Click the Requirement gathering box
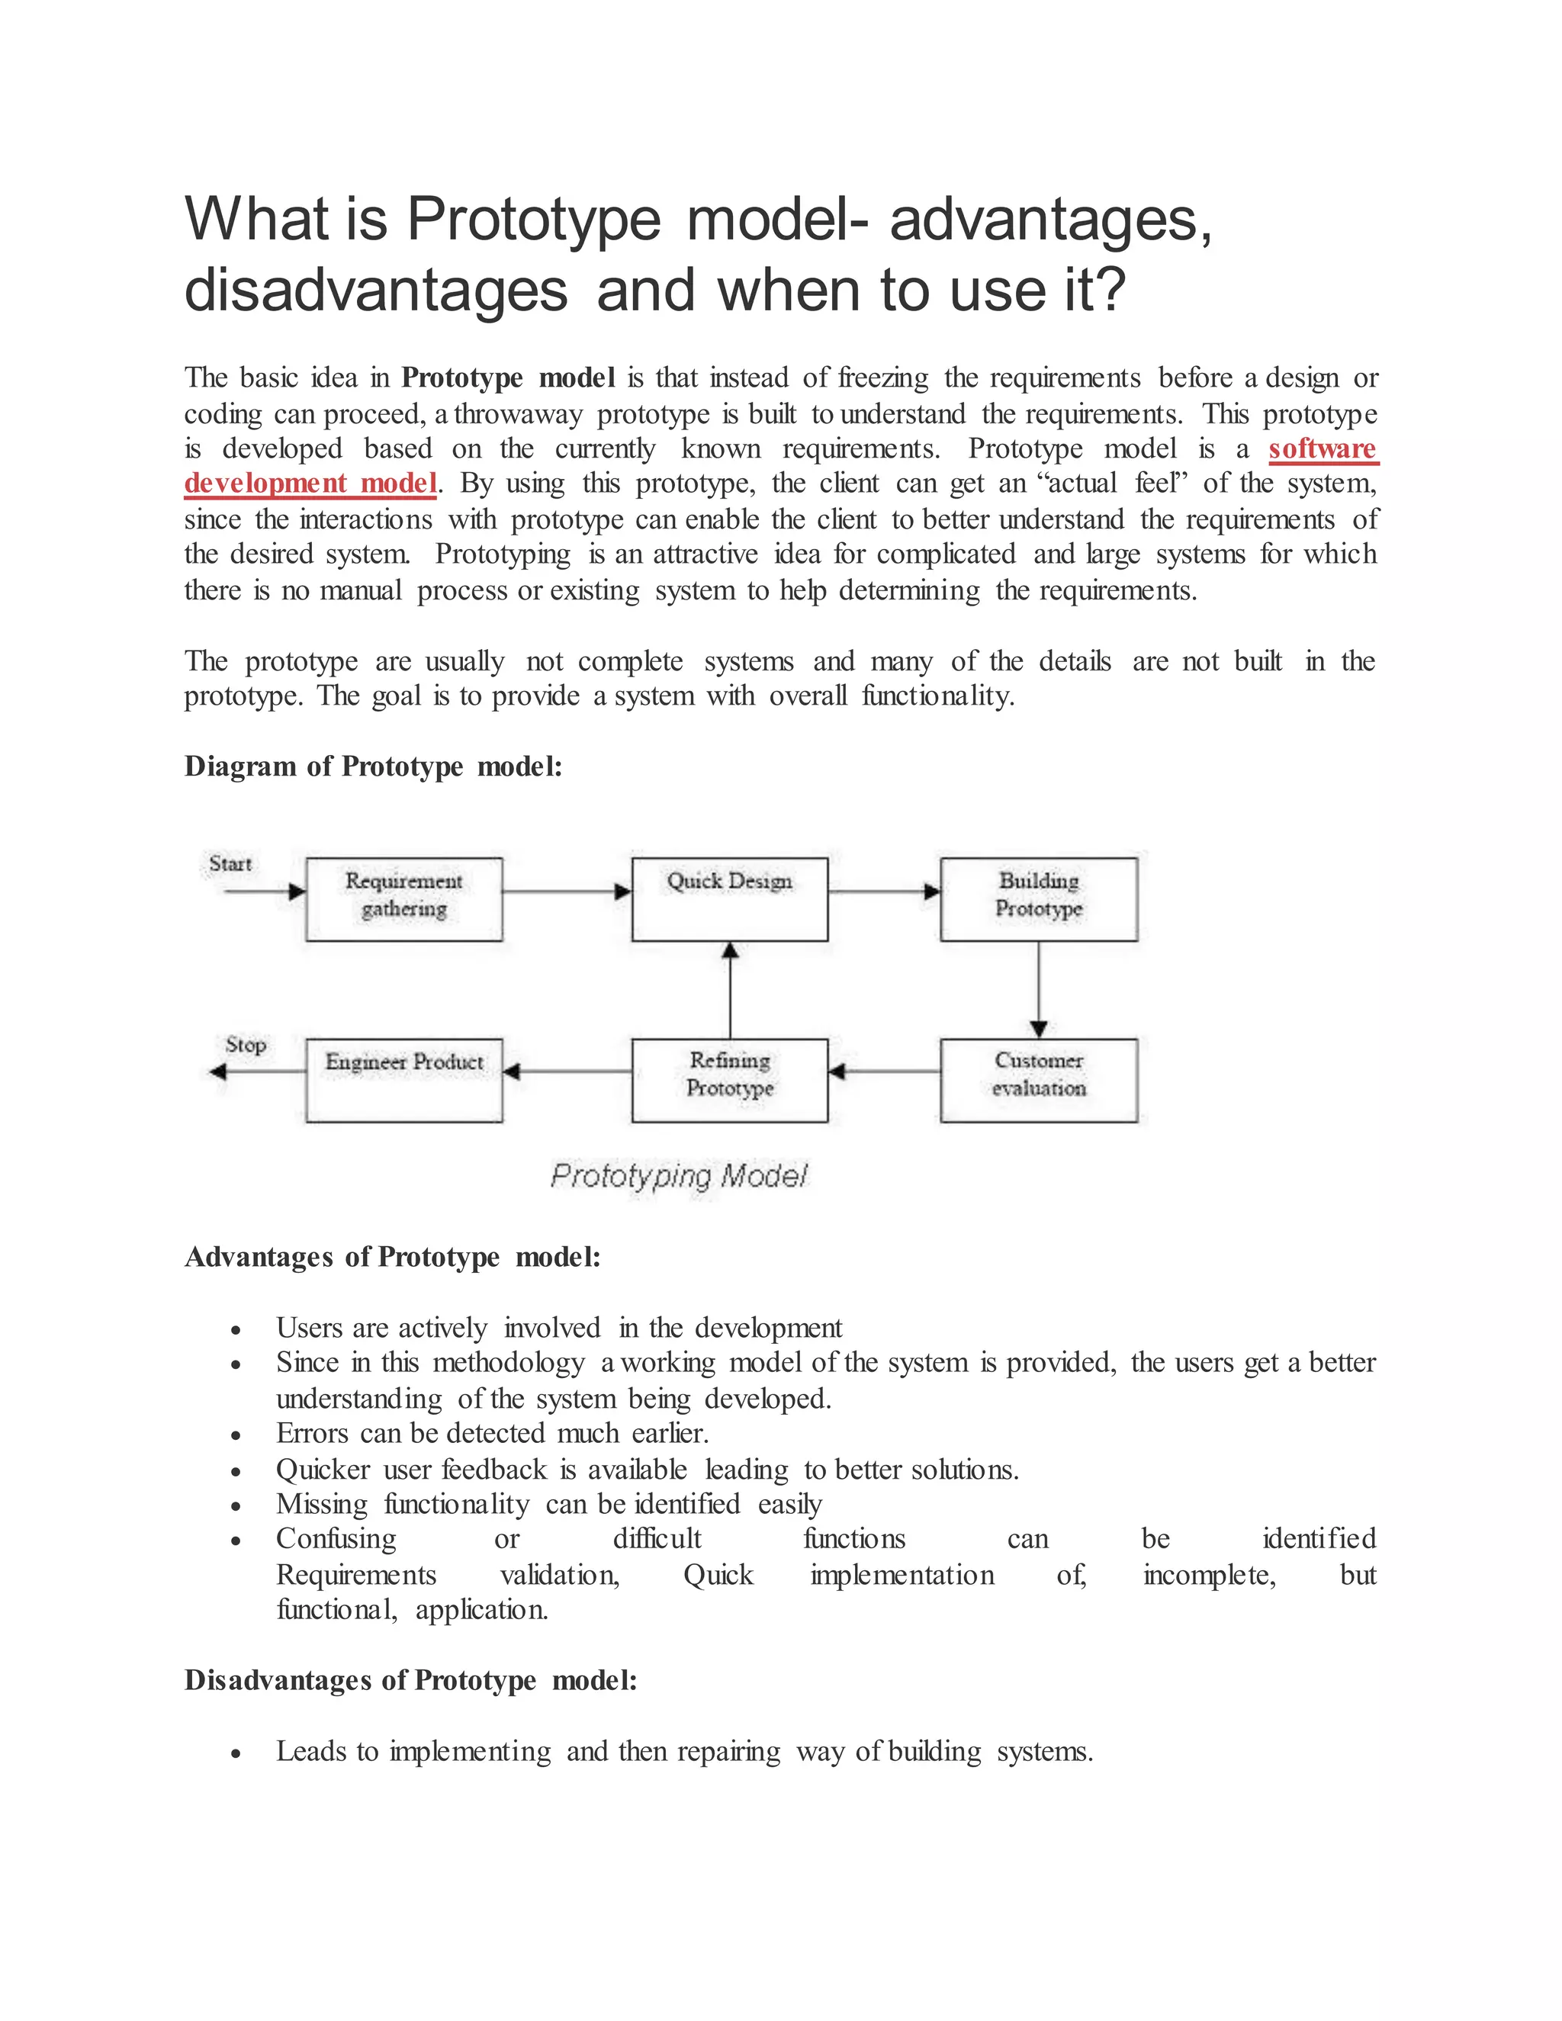[x=403, y=898]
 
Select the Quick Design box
[x=729, y=898]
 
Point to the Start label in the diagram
[x=230, y=863]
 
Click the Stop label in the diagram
[x=246, y=1045]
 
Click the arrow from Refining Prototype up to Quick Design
[x=730, y=990]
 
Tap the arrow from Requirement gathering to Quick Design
[x=567, y=891]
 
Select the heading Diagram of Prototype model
[x=373, y=766]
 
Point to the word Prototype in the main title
[x=534, y=220]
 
